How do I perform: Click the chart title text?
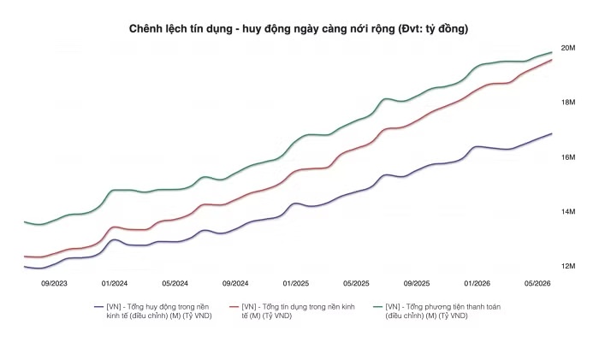pyautogui.click(x=299, y=29)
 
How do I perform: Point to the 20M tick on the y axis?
pyautogui.click(x=567, y=48)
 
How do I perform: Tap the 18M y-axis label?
pyautogui.click(x=567, y=103)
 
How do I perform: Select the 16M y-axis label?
pyautogui.click(x=567, y=157)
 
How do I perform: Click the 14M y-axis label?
pyautogui.click(x=567, y=211)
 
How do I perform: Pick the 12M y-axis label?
pyautogui.click(x=567, y=266)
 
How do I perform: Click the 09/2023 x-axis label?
pyautogui.click(x=54, y=284)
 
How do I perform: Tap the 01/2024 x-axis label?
pyautogui.click(x=115, y=284)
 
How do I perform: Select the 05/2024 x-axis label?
pyautogui.click(x=175, y=284)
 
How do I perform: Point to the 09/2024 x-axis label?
pyautogui.click(x=235, y=284)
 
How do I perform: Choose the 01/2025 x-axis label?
pyautogui.click(x=296, y=284)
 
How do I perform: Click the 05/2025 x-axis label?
pyautogui.click(x=356, y=284)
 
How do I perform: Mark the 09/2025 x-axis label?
pyautogui.click(x=417, y=284)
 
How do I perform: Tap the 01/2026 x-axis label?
pyautogui.click(x=477, y=284)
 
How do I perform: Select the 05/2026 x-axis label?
pyautogui.click(x=537, y=284)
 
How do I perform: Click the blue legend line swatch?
pyautogui.click(x=99, y=307)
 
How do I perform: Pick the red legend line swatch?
pyautogui.click(x=234, y=307)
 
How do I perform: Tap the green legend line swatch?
pyautogui.click(x=377, y=307)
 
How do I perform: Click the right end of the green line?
pyautogui.click(x=552, y=52)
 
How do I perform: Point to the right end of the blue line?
pyautogui.click(x=552, y=133)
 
